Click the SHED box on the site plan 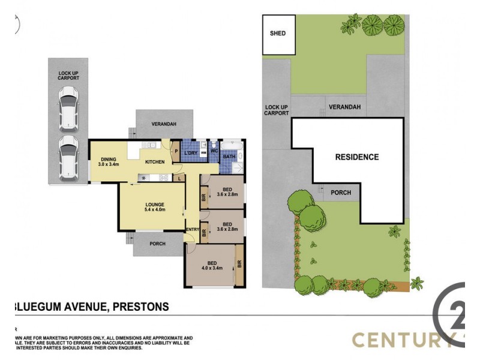pos(278,34)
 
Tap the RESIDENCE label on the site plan pos(356,157)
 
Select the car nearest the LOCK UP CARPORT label pos(68,107)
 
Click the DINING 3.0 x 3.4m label pos(109,160)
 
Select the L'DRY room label pos(191,154)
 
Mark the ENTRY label pos(193,229)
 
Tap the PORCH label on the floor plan pos(158,244)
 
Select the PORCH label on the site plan pos(341,193)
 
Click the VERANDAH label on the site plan pos(344,107)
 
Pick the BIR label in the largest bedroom pos(239,263)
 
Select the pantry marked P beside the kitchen pos(176,151)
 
